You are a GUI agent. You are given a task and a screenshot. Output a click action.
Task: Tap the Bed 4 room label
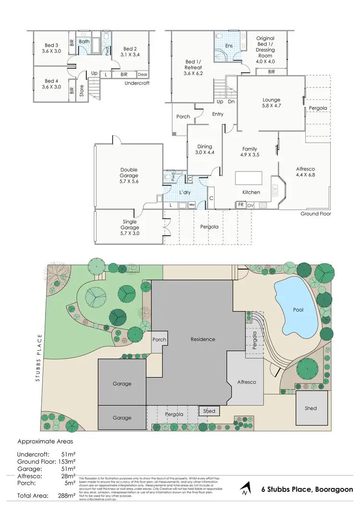pyautogui.click(x=49, y=81)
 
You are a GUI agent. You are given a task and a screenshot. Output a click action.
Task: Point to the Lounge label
pyautogui.click(x=271, y=100)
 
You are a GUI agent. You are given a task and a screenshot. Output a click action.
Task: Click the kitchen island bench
pyautogui.click(x=248, y=178)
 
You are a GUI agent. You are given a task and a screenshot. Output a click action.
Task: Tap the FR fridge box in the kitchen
pyautogui.click(x=241, y=205)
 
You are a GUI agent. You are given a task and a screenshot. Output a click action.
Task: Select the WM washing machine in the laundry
pyautogui.click(x=192, y=205)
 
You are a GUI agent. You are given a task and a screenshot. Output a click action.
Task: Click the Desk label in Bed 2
pyautogui.click(x=142, y=74)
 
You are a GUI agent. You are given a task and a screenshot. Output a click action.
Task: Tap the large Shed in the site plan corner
pyautogui.click(x=311, y=408)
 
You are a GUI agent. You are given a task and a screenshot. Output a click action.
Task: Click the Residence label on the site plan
pyautogui.click(x=203, y=339)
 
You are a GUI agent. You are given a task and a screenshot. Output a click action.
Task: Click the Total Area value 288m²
pyautogui.click(x=68, y=495)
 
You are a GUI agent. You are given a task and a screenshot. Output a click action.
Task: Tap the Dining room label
pyautogui.click(x=204, y=147)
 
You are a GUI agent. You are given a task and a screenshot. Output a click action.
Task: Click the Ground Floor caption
pyautogui.click(x=315, y=214)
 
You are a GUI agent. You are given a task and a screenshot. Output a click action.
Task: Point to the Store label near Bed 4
pyautogui.click(x=82, y=91)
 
